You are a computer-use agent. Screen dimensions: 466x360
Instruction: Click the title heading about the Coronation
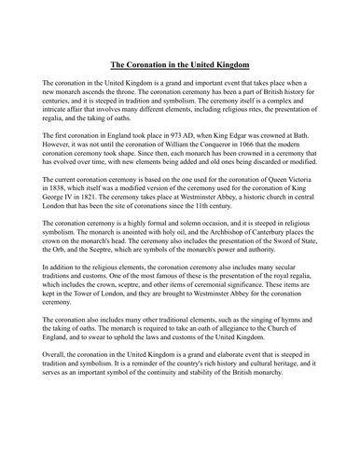[x=180, y=66]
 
